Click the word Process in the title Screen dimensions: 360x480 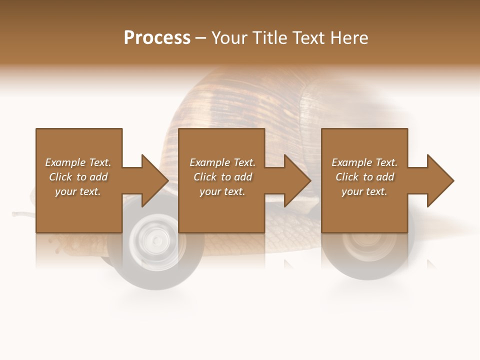tap(157, 38)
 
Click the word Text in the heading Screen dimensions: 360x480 tap(307, 38)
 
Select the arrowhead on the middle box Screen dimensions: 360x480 tap(297, 180)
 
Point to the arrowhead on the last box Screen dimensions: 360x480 tap(440, 180)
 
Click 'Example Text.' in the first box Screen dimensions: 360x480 tap(78, 162)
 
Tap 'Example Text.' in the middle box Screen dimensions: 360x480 tap(222, 162)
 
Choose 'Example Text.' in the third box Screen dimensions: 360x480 tap(364, 162)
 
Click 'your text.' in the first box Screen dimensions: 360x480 tap(78, 191)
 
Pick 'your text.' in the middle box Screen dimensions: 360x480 tap(222, 191)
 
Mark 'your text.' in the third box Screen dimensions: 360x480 tap(364, 191)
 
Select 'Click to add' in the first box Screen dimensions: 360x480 tap(78, 177)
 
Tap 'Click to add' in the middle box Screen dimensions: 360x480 tap(222, 177)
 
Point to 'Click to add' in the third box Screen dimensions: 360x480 tap(364, 177)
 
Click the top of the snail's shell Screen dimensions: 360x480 tap(240, 75)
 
